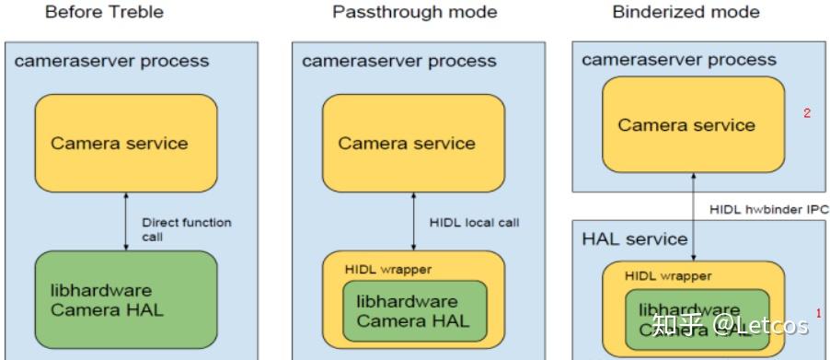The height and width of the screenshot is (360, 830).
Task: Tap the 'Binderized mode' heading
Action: (x=686, y=12)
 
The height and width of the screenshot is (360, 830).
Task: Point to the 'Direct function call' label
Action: (x=186, y=229)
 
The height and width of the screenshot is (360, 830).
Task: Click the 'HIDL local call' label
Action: (x=473, y=223)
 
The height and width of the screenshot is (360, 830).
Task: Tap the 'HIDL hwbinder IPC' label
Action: (x=769, y=210)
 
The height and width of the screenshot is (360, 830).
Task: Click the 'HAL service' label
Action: (x=635, y=239)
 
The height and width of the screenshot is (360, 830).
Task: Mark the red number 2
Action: (x=807, y=113)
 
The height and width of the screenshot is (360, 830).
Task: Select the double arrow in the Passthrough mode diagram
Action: (x=413, y=221)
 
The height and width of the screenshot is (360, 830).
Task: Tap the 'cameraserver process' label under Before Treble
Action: (x=111, y=62)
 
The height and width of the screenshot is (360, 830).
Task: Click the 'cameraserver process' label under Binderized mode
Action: (x=679, y=60)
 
